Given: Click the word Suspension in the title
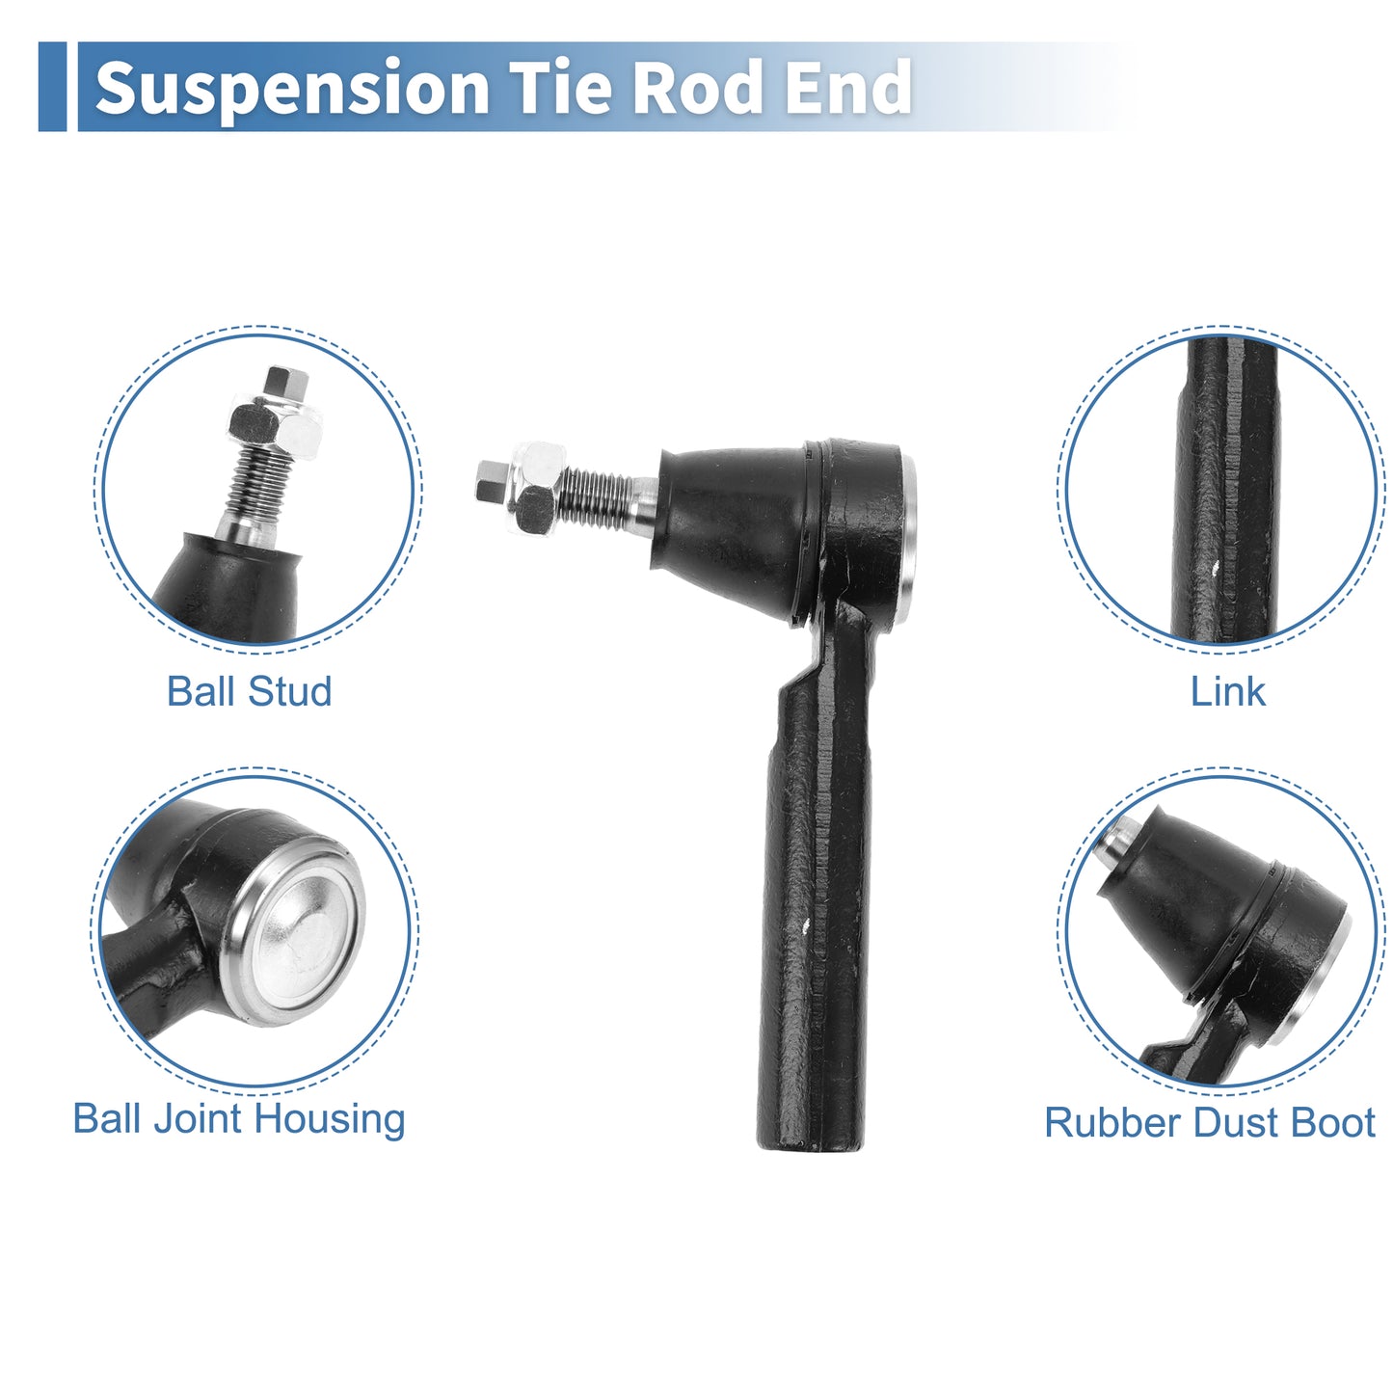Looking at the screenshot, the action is coord(292,89).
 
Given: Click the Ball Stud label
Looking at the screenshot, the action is coord(250,691).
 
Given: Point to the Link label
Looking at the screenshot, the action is coord(1227,691).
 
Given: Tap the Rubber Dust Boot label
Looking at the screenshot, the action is coord(1210,1123).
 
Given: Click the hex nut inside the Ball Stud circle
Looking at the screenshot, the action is coord(276,425).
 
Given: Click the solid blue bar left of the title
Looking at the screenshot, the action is coord(52,87).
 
